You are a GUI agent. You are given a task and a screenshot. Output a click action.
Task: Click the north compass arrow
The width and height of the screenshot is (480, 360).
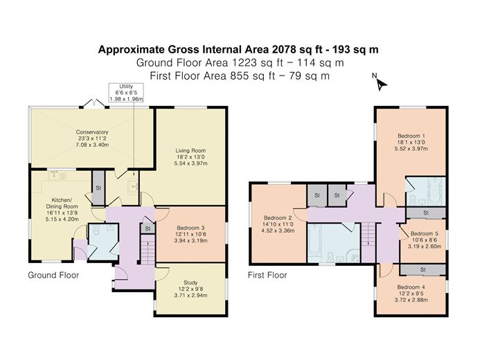(x=380, y=84)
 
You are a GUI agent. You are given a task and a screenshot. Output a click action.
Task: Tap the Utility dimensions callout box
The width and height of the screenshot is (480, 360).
(x=125, y=93)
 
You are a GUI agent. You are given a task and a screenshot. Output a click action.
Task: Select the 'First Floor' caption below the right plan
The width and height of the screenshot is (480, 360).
(x=267, y=275)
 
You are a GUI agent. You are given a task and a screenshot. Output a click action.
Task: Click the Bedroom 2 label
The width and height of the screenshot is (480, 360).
(x=277, y=223)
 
